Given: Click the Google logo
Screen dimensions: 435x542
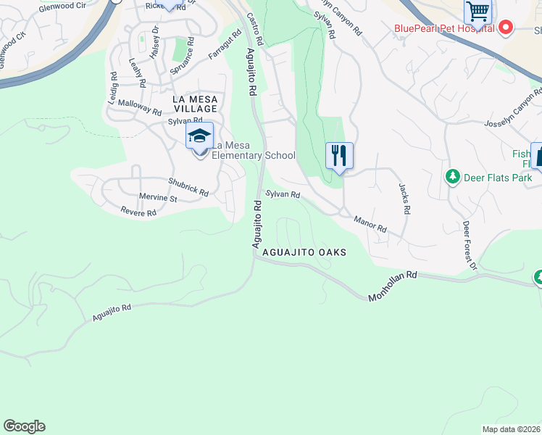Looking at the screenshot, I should (x=24, y=426).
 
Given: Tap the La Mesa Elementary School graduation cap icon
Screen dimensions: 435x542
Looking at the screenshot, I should (x=200, y=136).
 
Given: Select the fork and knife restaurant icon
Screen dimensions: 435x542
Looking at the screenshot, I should (x=338, y=155).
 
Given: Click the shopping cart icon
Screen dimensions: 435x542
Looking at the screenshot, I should (x=478, y=11).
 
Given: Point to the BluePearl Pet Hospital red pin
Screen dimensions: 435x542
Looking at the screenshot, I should (x=506, y=28).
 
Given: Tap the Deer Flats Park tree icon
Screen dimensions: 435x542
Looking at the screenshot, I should (x=453, y=177).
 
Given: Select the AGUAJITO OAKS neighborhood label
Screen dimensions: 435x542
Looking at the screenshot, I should (x=304, y=252).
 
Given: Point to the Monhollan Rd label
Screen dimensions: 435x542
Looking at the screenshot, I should (x=393, y=286).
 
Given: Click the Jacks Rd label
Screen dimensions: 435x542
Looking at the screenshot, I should (x=404, y=198).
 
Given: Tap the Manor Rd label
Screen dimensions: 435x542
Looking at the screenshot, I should (x=370, y=223).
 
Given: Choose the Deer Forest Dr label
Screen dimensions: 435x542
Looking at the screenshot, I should (x=469, y=246).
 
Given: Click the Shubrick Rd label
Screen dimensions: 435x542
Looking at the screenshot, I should (x=188, y=187).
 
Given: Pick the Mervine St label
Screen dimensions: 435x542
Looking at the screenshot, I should (x=158, y=198).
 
